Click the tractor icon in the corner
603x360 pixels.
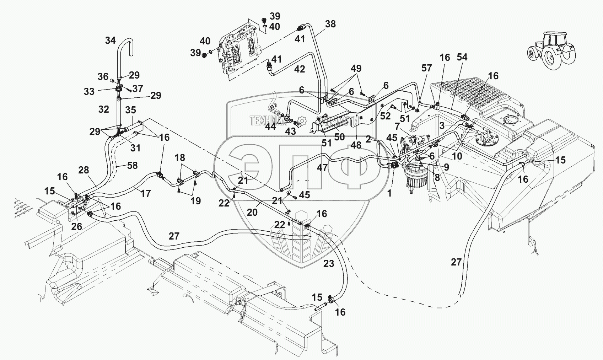coord(551,50)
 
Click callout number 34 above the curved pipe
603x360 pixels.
coord(110,41)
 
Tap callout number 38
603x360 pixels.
coord(330,24)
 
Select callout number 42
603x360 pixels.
coord(300,69)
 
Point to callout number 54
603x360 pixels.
coord(462,57)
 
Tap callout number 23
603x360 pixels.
coord(329,264)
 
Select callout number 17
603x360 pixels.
coord(146,194)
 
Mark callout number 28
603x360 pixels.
coord(84,170)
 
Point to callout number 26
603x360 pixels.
coord(77,226)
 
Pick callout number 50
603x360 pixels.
coord(339,136)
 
